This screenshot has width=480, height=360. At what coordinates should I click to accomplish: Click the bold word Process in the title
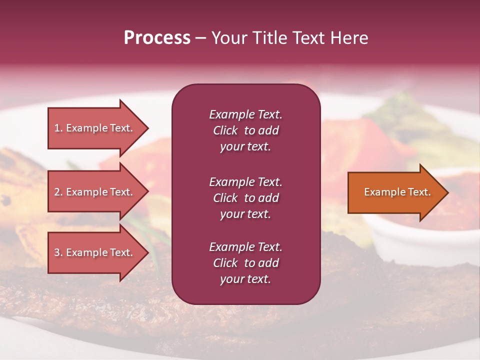(x=157, y=38)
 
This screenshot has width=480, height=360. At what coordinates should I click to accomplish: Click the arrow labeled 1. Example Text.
(x=95, y=128)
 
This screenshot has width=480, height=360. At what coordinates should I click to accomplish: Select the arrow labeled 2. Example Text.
(x=95, y=192)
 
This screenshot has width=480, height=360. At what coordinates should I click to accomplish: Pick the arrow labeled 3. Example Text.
(x=95, y=252)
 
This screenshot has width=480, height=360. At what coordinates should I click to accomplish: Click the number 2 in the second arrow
(x=57, y=192)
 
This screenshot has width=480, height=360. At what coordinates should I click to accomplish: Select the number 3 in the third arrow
(x=57, y=252)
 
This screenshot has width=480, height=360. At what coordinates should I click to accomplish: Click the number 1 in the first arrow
(x=57, y=128)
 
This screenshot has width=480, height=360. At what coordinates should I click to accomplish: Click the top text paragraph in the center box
(x=245, y=130)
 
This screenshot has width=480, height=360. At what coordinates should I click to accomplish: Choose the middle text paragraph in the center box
(x=245, y=198)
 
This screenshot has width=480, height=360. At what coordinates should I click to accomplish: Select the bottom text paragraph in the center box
(x=245, y=263)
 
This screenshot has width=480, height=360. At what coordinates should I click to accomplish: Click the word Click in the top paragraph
(x=225, y=130)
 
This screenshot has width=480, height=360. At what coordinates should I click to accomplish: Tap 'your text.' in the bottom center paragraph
(x=245, y=279)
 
